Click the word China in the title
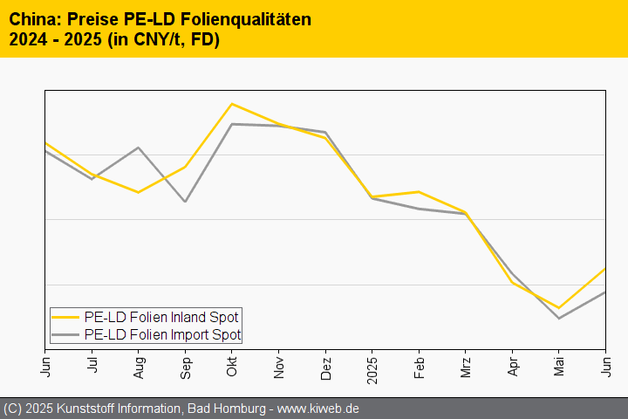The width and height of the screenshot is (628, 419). [x=32, y=19]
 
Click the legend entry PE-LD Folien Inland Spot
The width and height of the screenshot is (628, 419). [x=161, y=317]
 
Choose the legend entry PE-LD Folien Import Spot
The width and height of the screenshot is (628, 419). [x=162, y=334]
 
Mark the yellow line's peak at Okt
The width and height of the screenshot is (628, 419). [x=232, y=104]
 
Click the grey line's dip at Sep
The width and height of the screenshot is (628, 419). [x=185, y=202]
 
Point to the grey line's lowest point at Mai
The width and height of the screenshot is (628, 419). [x=559, y=318]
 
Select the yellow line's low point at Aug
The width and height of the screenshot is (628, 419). [x=139, y=192]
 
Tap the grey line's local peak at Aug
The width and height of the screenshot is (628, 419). [x=139, y=148]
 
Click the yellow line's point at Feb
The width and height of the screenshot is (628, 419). [x=419, y=191]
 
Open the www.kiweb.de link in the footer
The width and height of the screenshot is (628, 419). [x=319, y=409]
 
